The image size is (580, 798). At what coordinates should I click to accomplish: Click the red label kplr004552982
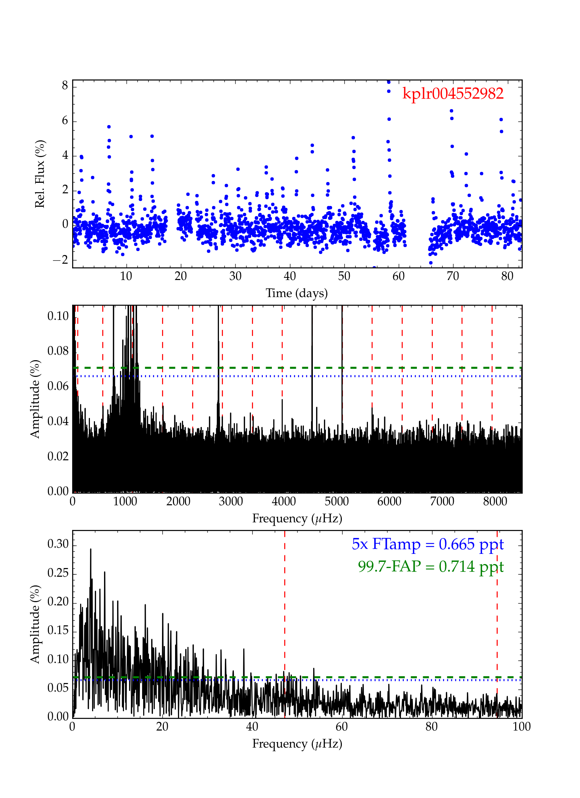tap(453, 94)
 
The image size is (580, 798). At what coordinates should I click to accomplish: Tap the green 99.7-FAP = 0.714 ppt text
tap(431, 566)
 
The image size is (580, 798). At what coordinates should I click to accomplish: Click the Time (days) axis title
tap(297, 293)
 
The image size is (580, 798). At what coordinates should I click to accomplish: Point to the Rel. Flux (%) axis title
tap(40, 174)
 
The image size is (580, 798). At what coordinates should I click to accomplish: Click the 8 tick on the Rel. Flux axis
tap(65, 85)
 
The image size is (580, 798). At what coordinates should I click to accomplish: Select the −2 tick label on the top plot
tap(61, 260)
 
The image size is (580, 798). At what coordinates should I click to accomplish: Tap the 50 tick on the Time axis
tap(344, 276)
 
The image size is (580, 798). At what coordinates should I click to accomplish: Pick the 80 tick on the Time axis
tap(507, 276)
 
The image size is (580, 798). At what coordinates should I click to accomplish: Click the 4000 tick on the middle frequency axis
tap(284, 502)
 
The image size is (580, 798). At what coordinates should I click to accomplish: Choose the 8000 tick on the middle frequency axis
tap(495, 502)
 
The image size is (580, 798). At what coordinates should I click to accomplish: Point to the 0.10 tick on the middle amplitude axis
tap(58, 316)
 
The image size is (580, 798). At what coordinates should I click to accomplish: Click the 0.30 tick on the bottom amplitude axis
tap(58, 544)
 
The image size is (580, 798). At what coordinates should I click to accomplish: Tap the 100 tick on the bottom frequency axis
tap(522, 727)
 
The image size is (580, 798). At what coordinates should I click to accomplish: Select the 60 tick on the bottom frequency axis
tap(341, 727)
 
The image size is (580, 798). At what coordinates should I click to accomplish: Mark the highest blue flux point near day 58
tap(389, 82)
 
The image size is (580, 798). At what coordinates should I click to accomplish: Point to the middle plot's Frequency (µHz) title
tap(297, 518)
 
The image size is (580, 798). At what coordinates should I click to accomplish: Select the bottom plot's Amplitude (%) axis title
tap(35, 624)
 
